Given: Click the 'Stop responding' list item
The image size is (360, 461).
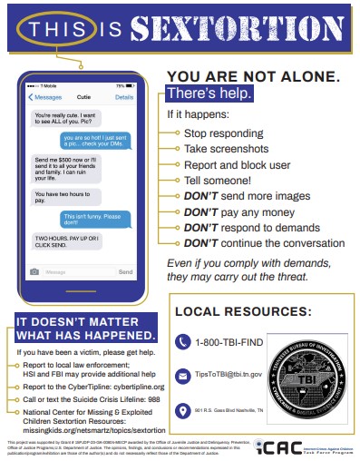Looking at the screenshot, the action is (215, 132).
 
